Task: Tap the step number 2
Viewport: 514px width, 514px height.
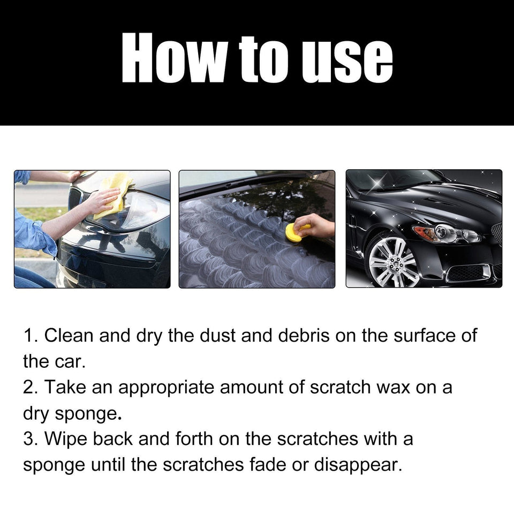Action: [x=28, y=388]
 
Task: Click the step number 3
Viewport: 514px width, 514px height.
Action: [x=28, y=439]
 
